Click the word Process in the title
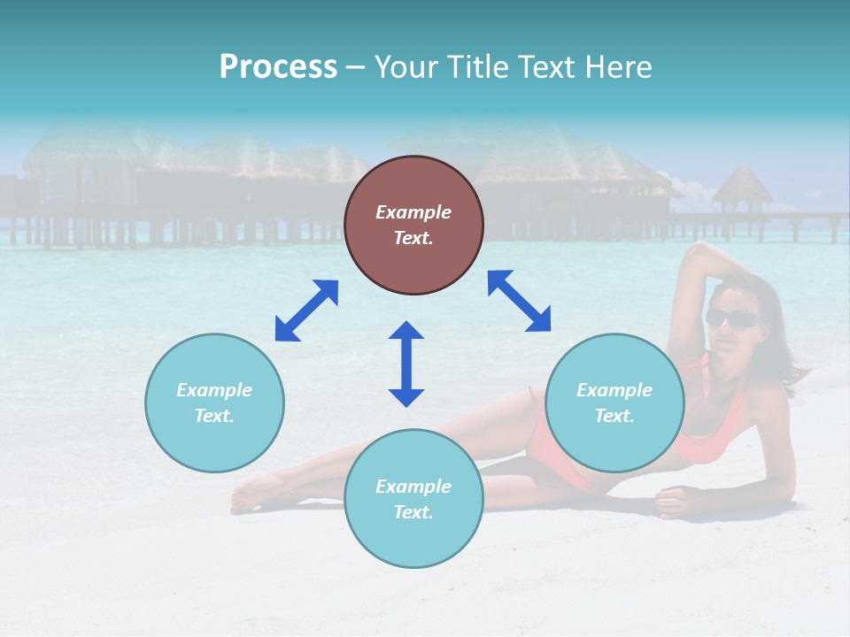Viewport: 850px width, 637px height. coord(278,67)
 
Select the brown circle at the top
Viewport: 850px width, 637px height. coord(413,226)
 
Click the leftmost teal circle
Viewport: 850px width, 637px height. coord(214,403)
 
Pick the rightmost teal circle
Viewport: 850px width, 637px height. coord(614,403)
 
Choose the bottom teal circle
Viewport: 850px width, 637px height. coord(413,499)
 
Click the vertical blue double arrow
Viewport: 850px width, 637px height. coord(406,364)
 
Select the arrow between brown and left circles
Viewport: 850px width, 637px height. coord(306,311)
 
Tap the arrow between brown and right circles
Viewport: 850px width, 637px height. coord(519,301)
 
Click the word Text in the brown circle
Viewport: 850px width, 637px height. coord(413,238)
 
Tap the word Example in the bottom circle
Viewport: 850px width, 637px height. coord(413,487)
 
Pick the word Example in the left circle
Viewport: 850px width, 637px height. coord(214,390)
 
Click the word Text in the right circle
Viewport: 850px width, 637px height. coord(614,416)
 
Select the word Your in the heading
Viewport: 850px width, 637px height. coord(406,67)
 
